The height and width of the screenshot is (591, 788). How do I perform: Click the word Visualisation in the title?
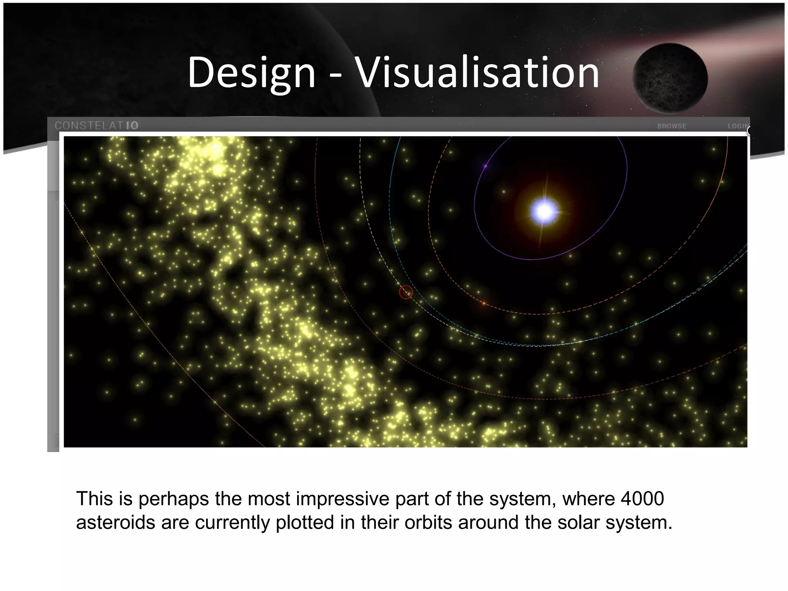(477, 72)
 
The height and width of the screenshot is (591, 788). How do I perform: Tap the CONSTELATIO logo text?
(96, 125)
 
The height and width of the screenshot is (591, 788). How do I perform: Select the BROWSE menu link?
(671, 126)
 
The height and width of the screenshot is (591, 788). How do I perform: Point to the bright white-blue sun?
(544, 211)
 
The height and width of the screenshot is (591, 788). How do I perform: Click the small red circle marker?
(406, 292)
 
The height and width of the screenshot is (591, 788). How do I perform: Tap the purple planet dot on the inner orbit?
(486, 166)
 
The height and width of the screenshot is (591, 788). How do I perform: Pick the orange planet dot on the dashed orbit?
(484, 304)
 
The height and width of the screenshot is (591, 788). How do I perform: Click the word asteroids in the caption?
(115, 523)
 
